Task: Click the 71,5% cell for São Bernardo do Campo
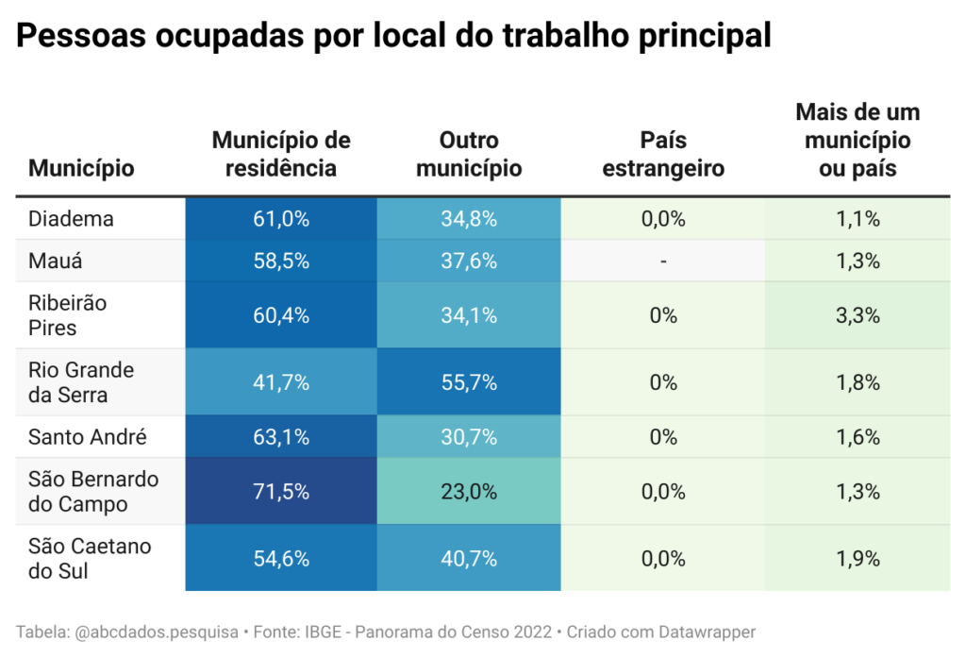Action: point(281,492)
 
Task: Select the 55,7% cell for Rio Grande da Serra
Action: point(469,382)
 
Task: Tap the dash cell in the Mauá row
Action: point(663,262)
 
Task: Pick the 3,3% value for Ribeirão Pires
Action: point(858,315)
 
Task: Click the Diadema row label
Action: point(72,219)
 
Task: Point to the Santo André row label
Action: point(87,437)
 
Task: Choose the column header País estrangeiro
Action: point(663,155)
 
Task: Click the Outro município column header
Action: point(469,155)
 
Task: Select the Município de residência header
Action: point(281,155)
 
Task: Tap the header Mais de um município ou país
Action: point(858,141)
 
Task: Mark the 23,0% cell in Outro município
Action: point(469,492)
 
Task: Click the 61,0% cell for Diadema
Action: point(281,219)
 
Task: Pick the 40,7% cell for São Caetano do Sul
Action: point(469,558)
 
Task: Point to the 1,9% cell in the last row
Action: point(858,558)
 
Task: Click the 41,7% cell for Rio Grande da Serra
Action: point(281,382)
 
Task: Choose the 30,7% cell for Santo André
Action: point(469,437)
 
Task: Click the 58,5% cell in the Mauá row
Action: point(281,262)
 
